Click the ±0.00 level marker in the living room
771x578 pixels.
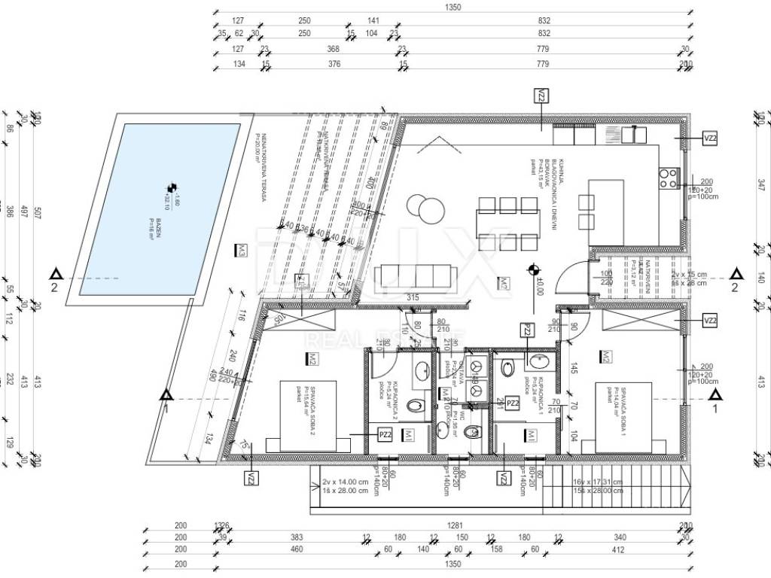click(x=535, y=269)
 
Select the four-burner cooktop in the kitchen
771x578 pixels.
click(x=668, y=178)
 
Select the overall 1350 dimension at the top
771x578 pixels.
click(x=453, y=8)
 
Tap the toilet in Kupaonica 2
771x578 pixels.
click(x=416, y=407)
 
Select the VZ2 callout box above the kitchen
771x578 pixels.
click(x=541, y=96)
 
